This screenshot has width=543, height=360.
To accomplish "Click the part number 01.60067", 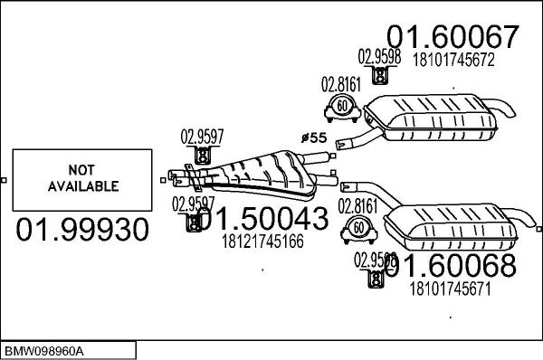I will [453, 36].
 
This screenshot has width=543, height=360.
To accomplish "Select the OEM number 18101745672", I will [453, 60].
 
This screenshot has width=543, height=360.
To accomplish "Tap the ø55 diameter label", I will [313, 137].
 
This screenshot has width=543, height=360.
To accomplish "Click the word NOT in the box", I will [81, 170].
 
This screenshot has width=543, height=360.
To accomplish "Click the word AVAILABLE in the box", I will [81, 186].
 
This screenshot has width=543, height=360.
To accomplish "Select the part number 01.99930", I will [81, 231].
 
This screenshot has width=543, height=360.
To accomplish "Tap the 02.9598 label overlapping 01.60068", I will [374, 261].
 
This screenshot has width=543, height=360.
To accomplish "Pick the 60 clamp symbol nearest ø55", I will [341, 106].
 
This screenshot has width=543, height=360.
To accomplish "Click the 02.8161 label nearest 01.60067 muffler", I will [341, 85].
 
